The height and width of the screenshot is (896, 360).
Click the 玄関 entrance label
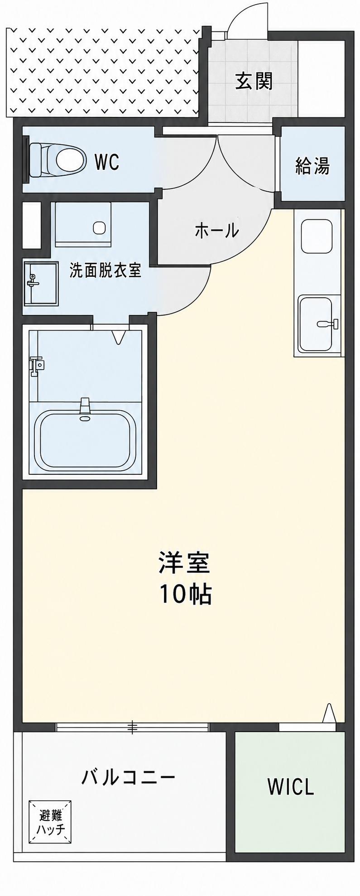click(x=254, y=82)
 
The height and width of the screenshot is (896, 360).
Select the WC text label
click(x=107, y=162)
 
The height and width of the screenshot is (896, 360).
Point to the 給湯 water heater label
click(x=312, y=166)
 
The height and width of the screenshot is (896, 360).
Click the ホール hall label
click(x=216, y=231)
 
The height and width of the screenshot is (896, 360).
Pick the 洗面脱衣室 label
click(x=106, y=270)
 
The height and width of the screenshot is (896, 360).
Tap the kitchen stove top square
click(x=317, y=236)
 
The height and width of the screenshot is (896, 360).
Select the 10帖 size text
click(x=185, y=594)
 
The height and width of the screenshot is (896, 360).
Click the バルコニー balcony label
click(x=128, y=778)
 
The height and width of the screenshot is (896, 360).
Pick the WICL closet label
click(x=291, y=787)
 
